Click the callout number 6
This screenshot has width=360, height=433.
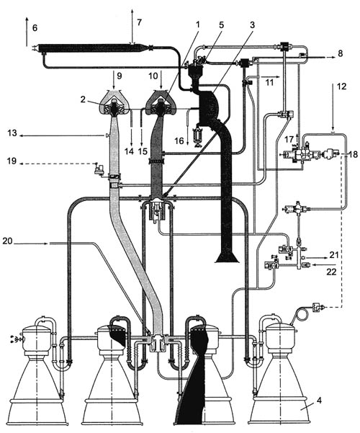[x=35, y=28]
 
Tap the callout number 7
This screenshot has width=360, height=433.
[x=140, y=22]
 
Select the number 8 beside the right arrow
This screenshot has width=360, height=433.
[x=341, y=53]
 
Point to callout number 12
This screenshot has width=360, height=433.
[x=341, y=86]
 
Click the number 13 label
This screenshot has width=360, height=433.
[x=12, y=133]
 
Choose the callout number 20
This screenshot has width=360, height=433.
[x=8, y=241]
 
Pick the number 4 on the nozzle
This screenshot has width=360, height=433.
[x=319, y=400]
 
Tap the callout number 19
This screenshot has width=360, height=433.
[x=12, y=161]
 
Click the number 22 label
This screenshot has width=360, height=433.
[x=331, y=272]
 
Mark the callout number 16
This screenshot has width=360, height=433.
[x=179, y=141]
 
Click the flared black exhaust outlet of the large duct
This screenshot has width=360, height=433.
[x=227, y=257]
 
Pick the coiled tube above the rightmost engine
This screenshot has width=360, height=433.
[x=301, y=314]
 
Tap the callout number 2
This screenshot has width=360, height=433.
[x=83, y=99]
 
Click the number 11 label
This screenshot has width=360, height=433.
[x=269, y=83]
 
